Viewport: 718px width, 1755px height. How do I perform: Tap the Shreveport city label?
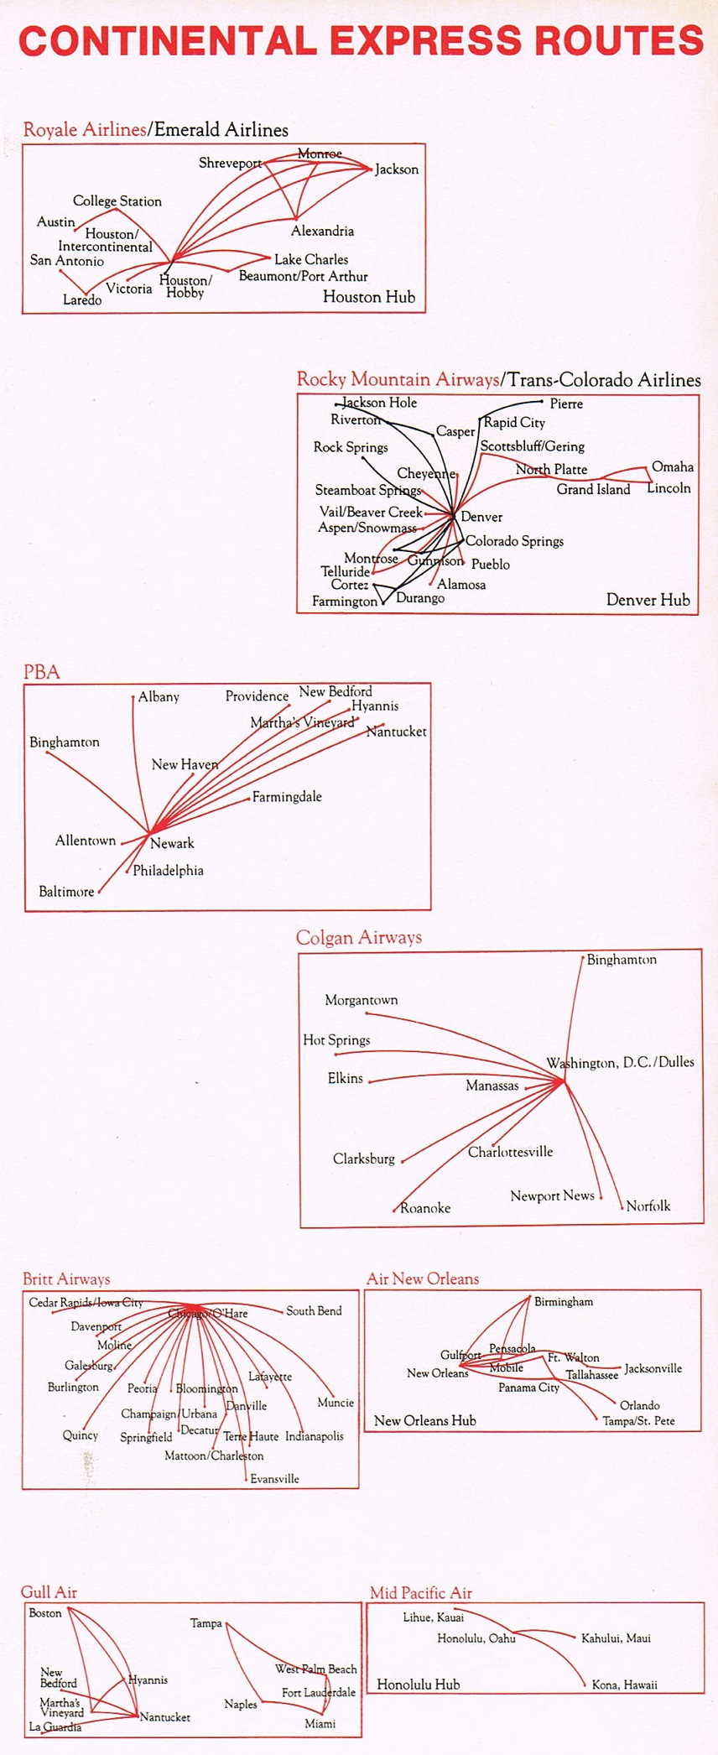(230, 164)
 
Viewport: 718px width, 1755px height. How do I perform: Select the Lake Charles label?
(311, 259)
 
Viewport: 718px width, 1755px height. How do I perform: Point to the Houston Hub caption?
(369, 297)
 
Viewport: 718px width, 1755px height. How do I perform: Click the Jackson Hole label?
(380, 403)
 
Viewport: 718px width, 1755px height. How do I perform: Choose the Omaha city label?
(673, 466)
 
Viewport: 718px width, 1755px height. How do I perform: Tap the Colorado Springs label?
(514, 541)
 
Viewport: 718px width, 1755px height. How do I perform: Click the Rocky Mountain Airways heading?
(398, 379)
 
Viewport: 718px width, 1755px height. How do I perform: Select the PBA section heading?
(41, 672)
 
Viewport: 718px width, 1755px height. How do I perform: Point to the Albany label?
(159, 696)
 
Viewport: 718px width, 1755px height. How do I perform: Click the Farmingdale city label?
(287, 797)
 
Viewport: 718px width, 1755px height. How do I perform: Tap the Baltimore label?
(66, 892)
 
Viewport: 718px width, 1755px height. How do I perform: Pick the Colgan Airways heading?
(359, 938)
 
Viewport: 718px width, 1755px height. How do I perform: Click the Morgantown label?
(362, 1000)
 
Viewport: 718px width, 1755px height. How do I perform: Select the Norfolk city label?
(648, 1206)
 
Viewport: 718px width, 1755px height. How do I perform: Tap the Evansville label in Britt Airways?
(274, 1478)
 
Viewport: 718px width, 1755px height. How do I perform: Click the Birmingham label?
(564, 1301)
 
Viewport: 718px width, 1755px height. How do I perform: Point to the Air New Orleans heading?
(423, 1278)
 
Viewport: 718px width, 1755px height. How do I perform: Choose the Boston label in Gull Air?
(45, 1612)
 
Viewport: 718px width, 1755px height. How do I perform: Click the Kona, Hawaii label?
(624, 1685)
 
